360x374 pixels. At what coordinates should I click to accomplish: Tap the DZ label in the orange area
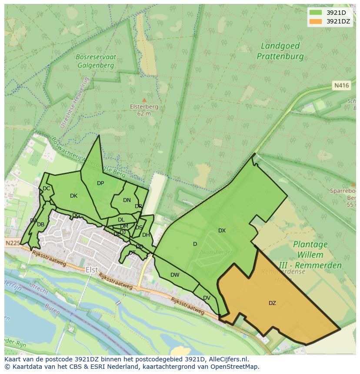tap(272, 303)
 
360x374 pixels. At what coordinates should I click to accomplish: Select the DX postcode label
tap(222, 231)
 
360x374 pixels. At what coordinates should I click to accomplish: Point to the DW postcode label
tap(175, 275)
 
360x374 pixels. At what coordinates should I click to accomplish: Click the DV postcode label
tap(207, 298)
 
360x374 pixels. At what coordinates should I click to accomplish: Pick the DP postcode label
tap(100, 183)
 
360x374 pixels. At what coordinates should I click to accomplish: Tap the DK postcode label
tap(73, 196)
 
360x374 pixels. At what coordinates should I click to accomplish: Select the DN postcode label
tap(127, 200)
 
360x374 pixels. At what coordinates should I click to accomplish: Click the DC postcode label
tap(46, 189)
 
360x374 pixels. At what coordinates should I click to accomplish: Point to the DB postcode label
tap(40, 225)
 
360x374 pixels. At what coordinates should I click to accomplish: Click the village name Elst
tap(92, 270)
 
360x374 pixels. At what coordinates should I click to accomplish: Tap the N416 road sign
tap(342, 86)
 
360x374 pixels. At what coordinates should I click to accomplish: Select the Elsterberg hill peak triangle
tap(144, 100)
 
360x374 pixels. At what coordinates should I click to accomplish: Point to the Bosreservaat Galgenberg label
tap(95, 61)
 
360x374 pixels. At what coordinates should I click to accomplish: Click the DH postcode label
tap(146, 235)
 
